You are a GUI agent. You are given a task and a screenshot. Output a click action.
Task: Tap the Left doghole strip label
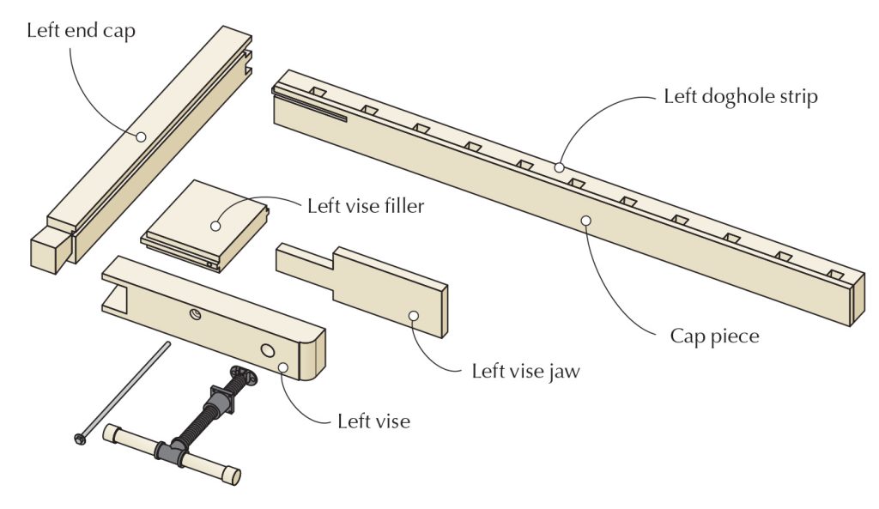click(x=740, y=96)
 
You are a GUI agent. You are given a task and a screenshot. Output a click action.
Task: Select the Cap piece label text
click(x=714, y=336)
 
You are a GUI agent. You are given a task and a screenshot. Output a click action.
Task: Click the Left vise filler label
click(x=365, y=207)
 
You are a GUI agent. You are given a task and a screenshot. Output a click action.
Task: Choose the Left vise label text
click(x=373, y=421)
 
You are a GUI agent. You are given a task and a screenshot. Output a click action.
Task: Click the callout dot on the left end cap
click(x=140, y=135)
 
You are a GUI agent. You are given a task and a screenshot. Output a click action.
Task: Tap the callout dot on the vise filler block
click(x=215, y=226)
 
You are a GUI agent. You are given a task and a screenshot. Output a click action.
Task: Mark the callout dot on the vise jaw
click(x=413, y=316)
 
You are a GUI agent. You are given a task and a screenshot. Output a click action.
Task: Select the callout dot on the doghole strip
click(x=559, y=167)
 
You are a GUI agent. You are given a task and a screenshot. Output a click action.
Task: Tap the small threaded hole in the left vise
click(x=195, y=315)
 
